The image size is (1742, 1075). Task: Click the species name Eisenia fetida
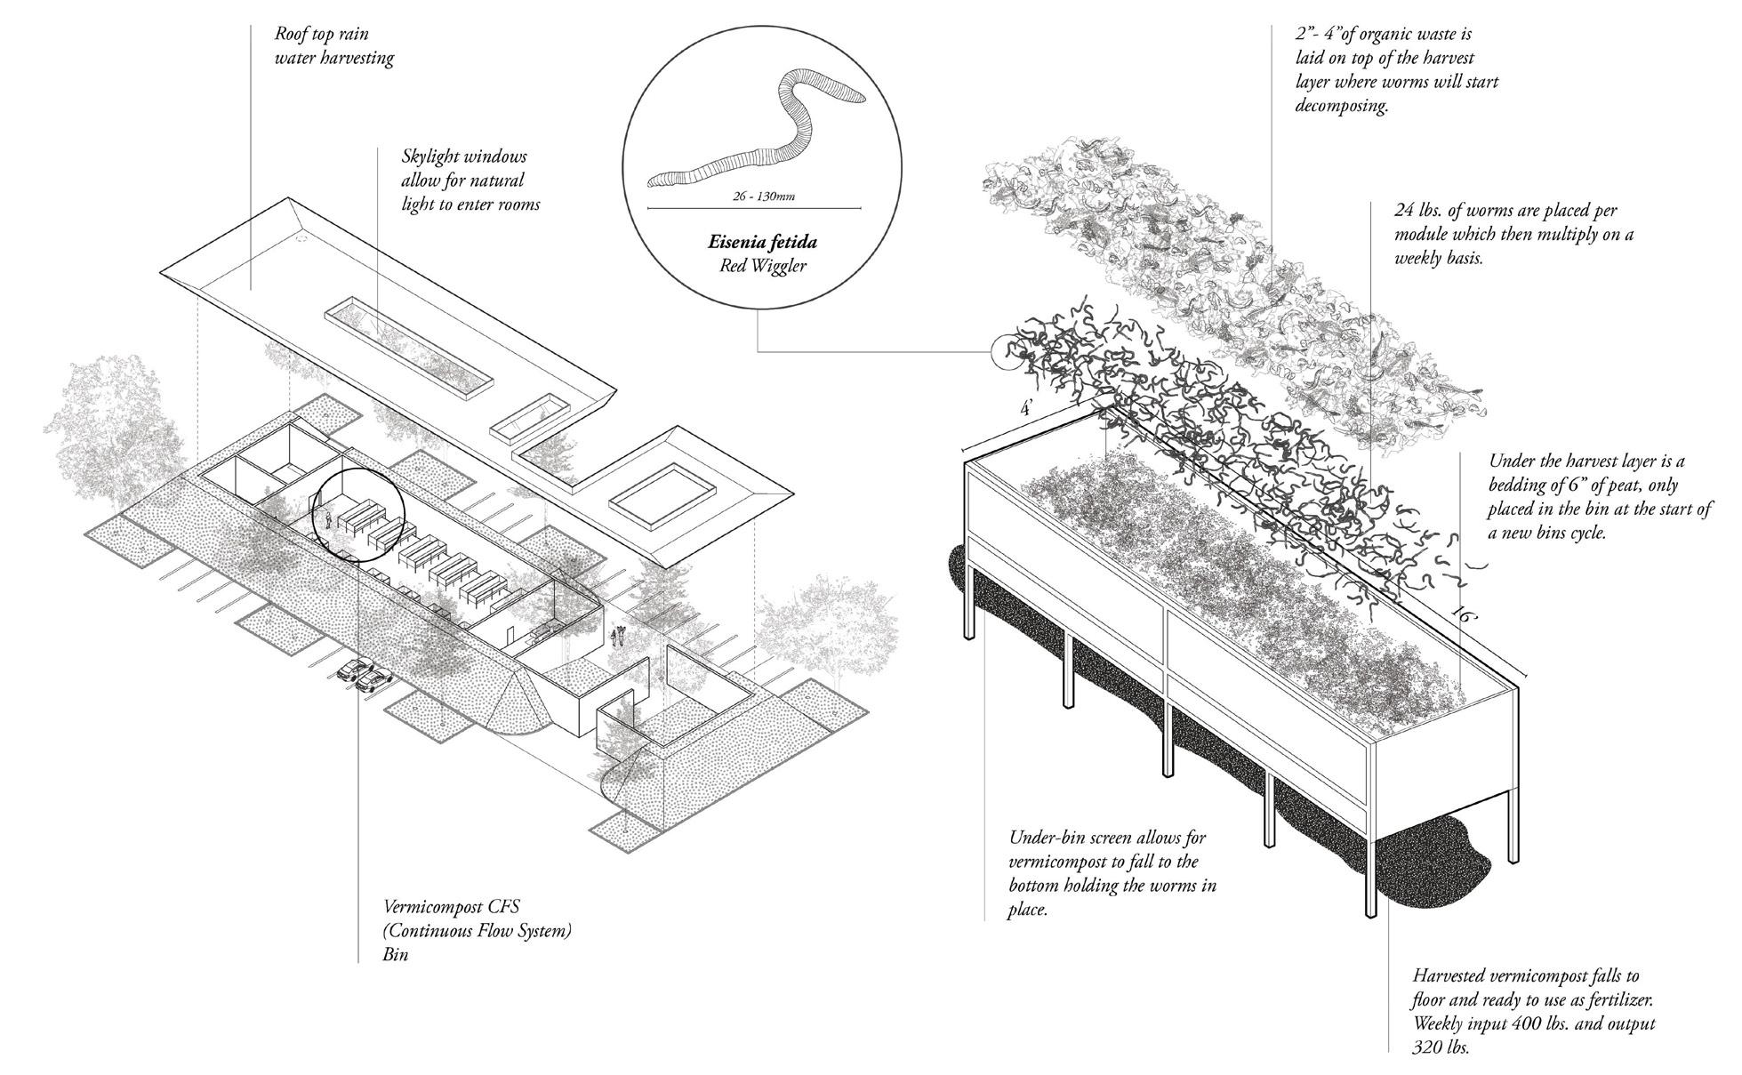pyautogui.click(x=762, y=242)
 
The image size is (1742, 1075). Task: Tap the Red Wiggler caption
pyautogui.click(x=762, y=266)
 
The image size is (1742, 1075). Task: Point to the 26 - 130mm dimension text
pyautogui.click(x=755, y=197)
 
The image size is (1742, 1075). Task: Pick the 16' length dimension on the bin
pyautogui.click(x=1462, y=614)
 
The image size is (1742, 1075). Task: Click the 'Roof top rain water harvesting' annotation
pyautogui.click(x=333, y=46)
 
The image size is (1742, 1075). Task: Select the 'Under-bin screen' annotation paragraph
pyautogui.click(x=1112, y=873)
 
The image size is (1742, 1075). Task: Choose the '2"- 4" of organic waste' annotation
pyautogui.click(x=1396, y=70)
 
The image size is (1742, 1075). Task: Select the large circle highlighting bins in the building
pyautogui.click(x=358, y=516)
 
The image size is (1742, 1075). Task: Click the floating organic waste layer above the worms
pyautogui.click(x=1236, y=285)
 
